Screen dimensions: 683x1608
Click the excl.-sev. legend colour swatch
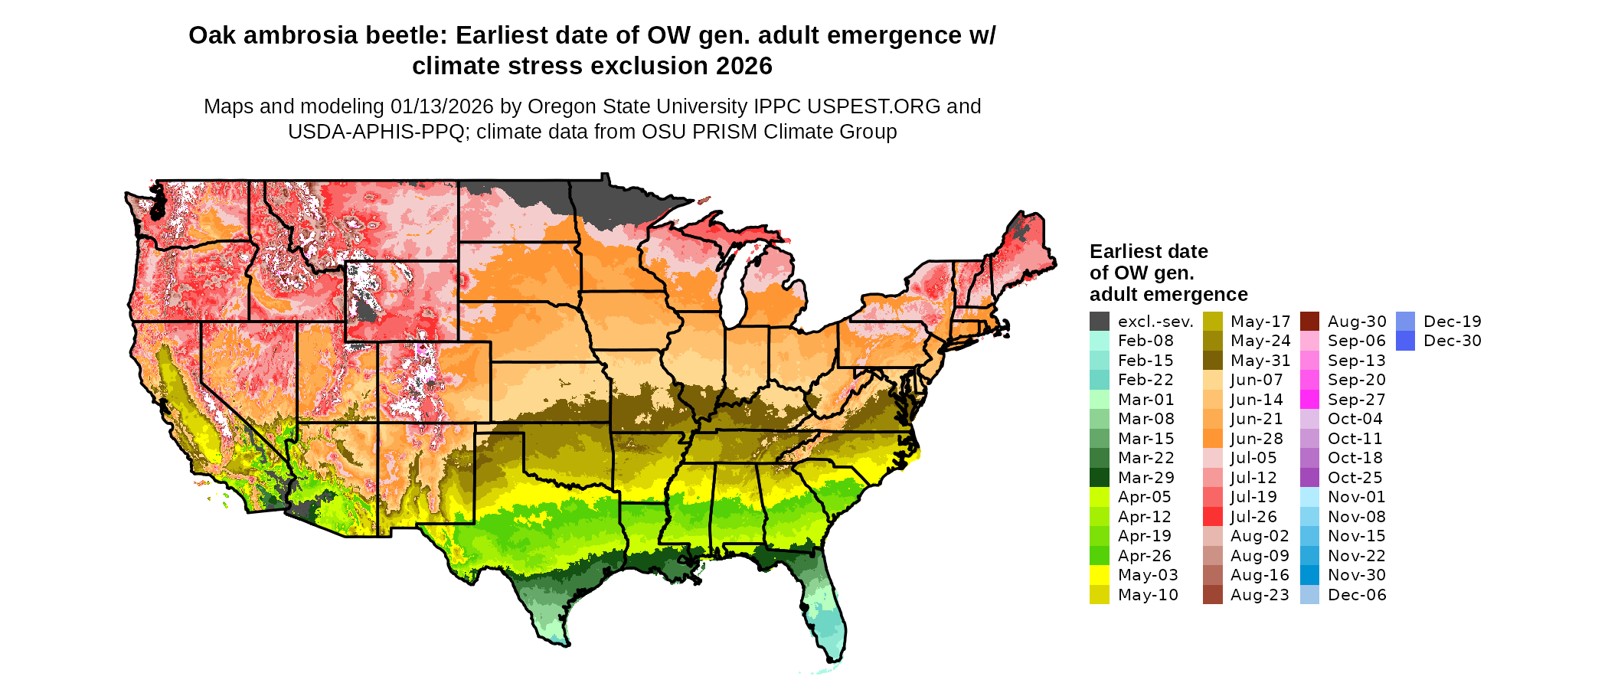click(x=1099, y=322)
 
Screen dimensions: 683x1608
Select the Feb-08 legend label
click(x=1145, y=341)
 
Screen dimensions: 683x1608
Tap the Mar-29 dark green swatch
click(x=1099, y=478)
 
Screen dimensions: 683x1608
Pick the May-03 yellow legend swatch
click(x=1099, y=575)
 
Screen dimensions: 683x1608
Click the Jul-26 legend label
click(x=1253, y=517)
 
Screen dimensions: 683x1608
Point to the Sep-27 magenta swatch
click(x=1309, y=400)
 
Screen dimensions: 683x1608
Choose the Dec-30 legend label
click(x=1452, y=341)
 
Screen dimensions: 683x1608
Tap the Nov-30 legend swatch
click(x=1309, y=575)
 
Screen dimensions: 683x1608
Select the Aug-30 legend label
click(x=1357, y=322)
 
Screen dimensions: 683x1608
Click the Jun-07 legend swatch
click(x=1212, y=381)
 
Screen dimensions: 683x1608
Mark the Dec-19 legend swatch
click(x=1405, y=322)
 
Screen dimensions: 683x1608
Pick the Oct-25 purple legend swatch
click(x=1309, y=478)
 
